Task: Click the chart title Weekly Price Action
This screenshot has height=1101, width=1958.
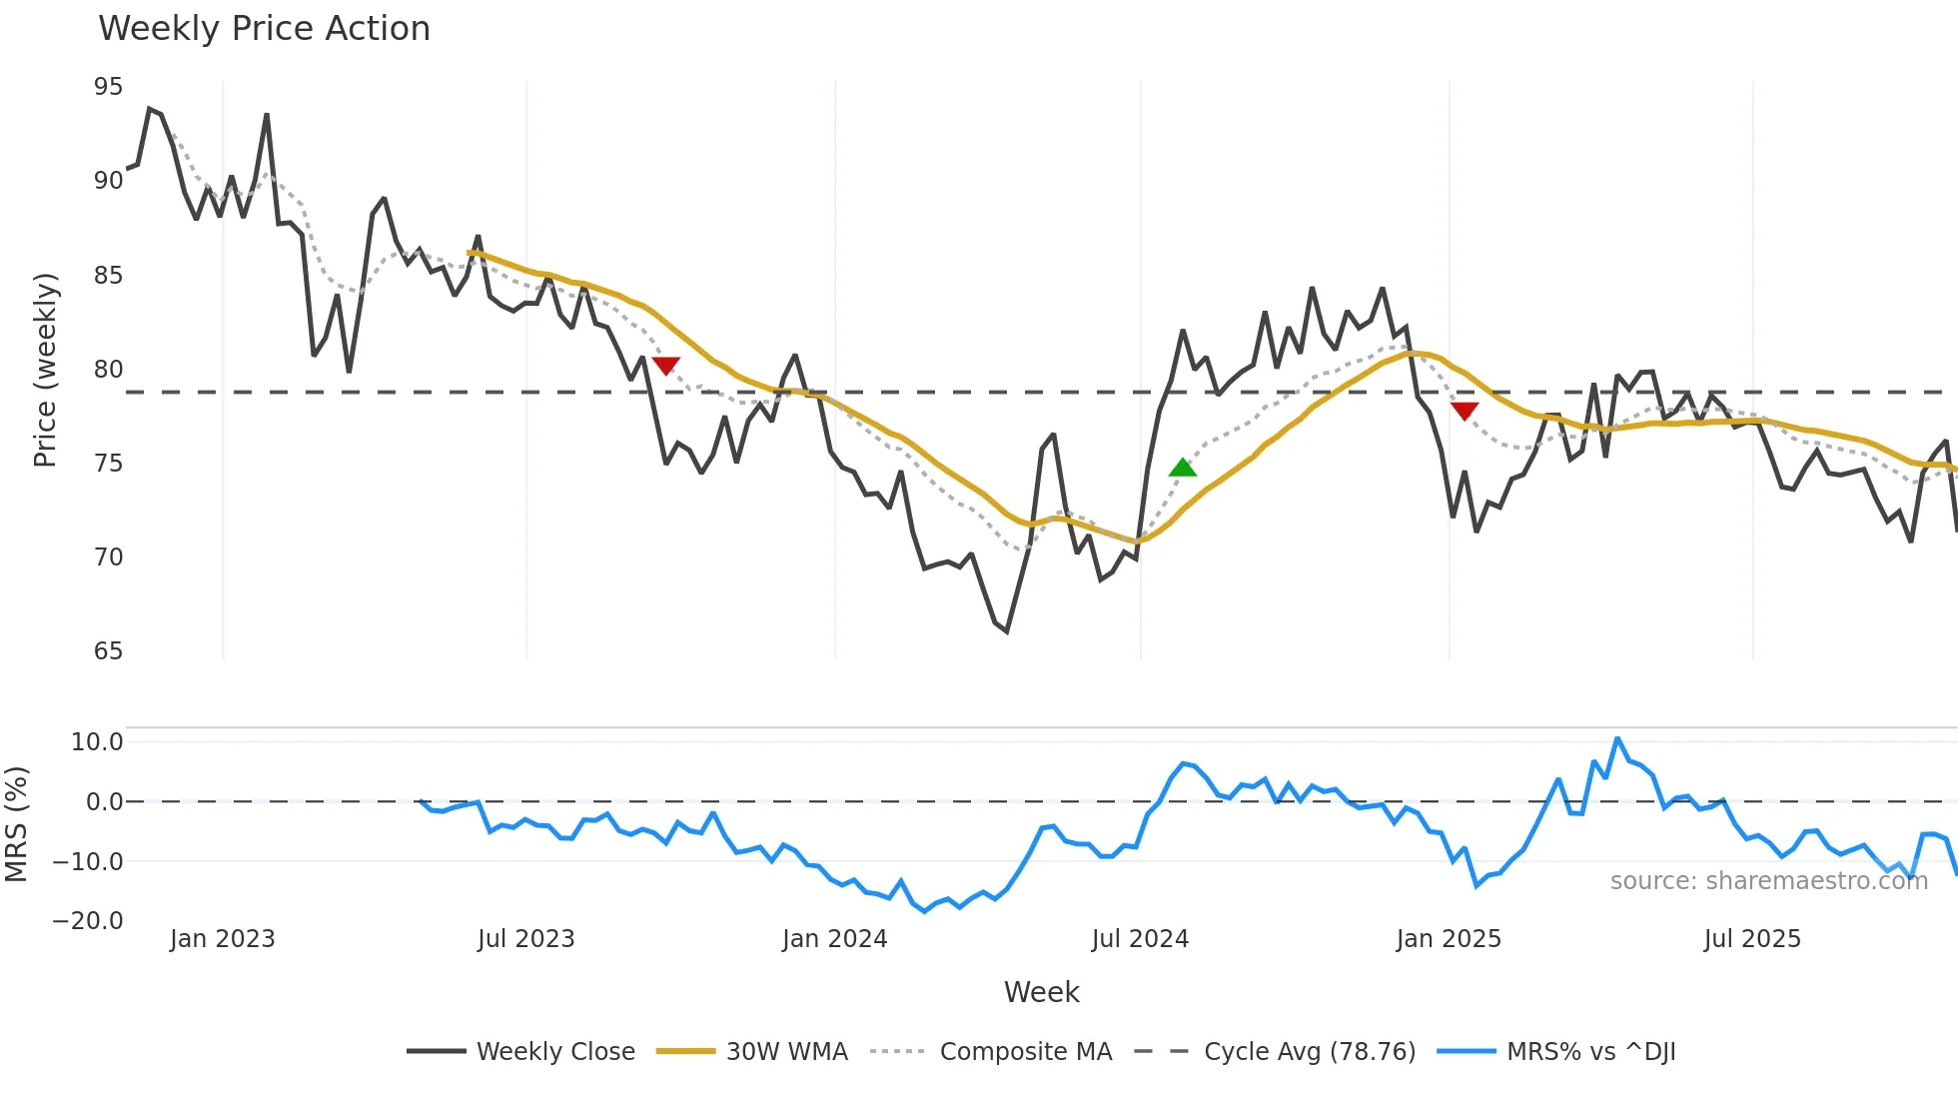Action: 264,29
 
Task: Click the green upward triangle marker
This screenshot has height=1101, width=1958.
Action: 1183,468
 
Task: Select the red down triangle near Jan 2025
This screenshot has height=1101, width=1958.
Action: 1465,411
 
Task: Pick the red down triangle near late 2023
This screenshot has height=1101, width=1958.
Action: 665,366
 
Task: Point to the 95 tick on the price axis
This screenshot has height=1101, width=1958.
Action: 108,87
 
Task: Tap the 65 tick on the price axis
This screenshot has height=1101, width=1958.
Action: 108,651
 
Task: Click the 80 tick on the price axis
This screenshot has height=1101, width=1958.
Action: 108,370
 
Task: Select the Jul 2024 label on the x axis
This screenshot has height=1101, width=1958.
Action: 1140,939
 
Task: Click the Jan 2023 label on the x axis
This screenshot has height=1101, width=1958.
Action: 222,939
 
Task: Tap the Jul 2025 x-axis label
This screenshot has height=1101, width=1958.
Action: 1752,939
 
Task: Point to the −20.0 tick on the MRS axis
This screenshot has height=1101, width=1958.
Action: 88,921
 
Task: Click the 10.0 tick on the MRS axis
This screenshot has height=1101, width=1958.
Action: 97,742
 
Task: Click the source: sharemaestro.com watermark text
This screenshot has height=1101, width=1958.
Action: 1768,881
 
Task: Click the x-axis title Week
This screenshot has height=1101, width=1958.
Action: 1041,992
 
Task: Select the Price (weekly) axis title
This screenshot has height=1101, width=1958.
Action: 45,370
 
